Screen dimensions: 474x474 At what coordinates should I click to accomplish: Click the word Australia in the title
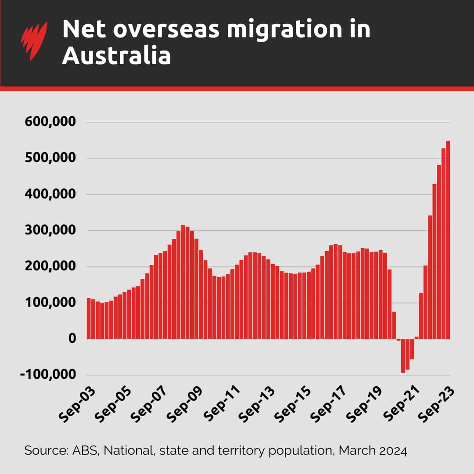[x=116, y=56]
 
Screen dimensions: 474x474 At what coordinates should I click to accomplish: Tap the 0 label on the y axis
[x=72, y=339]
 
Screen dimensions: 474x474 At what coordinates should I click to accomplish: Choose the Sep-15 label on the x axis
[x=291, y=404]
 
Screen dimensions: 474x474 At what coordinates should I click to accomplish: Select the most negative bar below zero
[x=403, y=356]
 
